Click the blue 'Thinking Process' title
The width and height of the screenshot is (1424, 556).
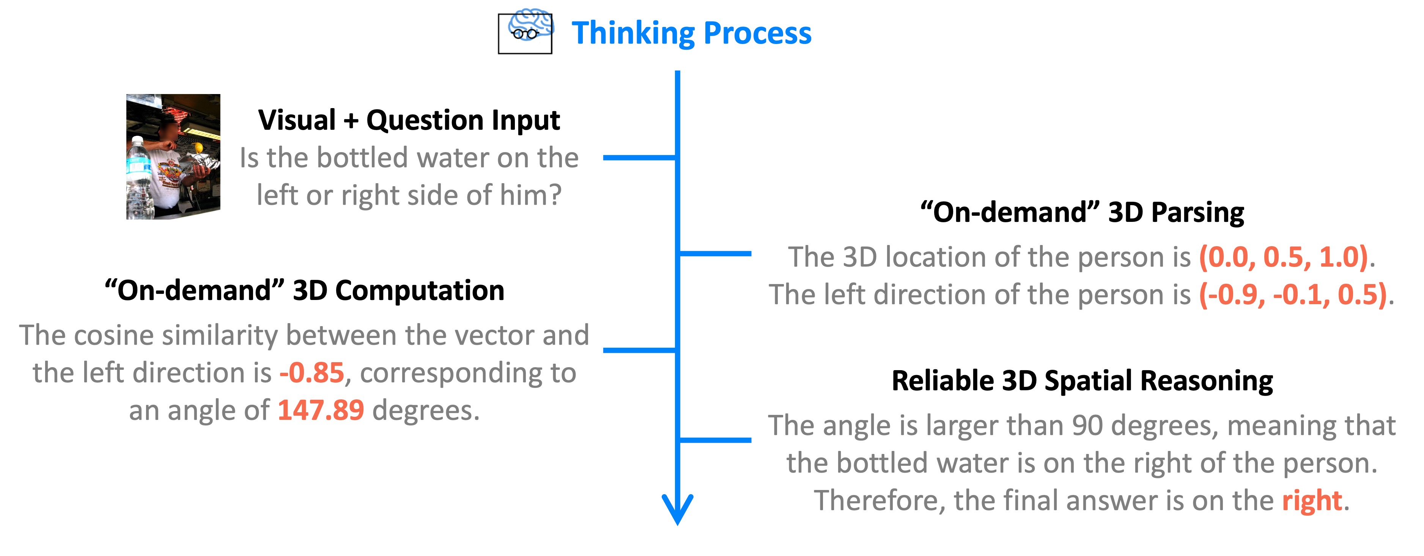pyautogui.click(x=691, y=33)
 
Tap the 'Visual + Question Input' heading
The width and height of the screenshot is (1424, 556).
pyautogui.click(x=409, y=120)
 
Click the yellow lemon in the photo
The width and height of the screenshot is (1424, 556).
pyautogui.click(x=198, y=148)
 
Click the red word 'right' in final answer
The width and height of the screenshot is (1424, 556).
pyautogui.click(x=1312, y=501)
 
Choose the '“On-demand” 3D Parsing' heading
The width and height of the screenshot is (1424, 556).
pyautogui.click(x=1082, y=212)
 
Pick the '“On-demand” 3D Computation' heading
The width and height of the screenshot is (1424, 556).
pyautogui.click(x=305, y=291)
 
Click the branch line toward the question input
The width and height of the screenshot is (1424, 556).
pyautogui.click(x=639, y=157)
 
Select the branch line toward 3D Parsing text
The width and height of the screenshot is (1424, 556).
pyautogui.click(x=715, y=254)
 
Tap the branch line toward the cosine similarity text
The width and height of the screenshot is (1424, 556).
pyautogui.click(x=639, y=350)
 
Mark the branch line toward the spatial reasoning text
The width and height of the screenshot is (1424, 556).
pyautogui.click(x=715, y=440)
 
